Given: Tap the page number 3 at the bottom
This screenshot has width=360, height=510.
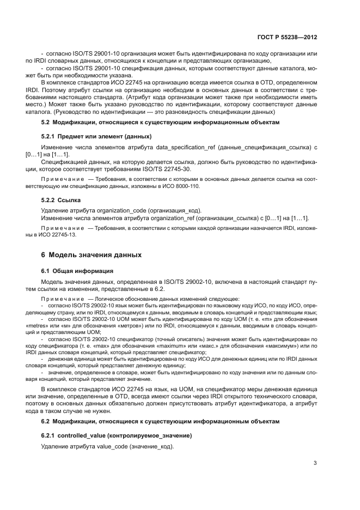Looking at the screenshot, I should coord(315,463).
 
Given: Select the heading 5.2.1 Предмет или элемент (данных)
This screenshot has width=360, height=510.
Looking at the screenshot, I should coord(96,136).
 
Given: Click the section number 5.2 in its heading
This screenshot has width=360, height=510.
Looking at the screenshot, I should coord(46,123).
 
